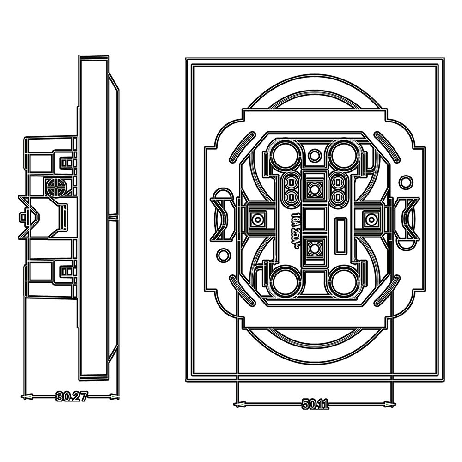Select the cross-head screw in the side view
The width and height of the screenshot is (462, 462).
click(55, 186)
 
